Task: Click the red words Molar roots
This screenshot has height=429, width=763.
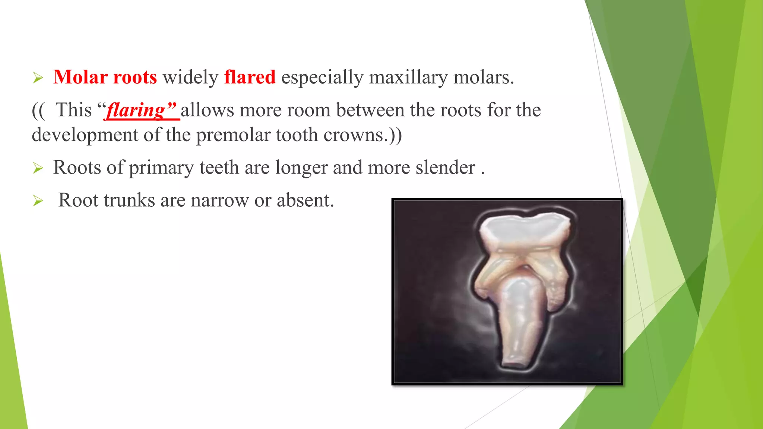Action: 105,77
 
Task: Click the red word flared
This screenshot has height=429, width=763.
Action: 250,77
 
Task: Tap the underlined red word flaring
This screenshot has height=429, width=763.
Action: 136,111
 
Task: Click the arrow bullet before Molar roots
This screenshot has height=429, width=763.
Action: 38,78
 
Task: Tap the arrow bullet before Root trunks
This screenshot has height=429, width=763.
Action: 38,201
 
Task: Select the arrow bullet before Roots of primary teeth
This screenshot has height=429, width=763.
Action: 38,168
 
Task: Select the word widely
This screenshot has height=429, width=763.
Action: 190,77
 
